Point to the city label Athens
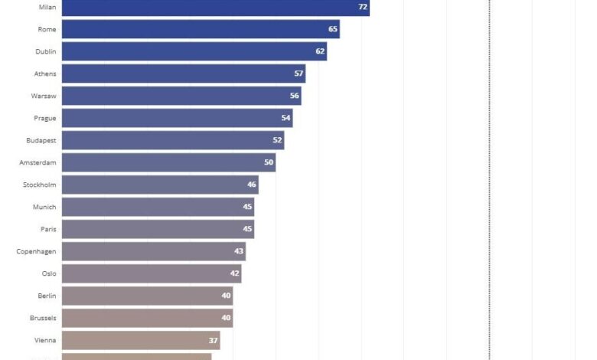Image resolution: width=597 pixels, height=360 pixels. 44,74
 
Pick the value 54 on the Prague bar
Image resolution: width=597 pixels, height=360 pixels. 286,118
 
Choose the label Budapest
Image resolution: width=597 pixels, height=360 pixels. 41,140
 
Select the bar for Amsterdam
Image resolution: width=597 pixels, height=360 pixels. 168,162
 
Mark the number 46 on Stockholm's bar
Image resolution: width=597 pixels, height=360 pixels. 252,185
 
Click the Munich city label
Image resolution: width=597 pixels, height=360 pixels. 44,207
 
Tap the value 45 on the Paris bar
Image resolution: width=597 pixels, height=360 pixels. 247,229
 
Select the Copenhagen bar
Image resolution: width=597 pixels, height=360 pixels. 153,251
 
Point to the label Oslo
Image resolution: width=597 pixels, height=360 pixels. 48,273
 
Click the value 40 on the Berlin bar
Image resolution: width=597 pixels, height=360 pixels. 226,296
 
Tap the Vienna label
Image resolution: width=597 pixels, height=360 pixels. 45,340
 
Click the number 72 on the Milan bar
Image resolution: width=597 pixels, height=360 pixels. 363,7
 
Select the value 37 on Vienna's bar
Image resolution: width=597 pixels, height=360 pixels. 214,340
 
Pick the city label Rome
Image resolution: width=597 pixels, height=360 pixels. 47,29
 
